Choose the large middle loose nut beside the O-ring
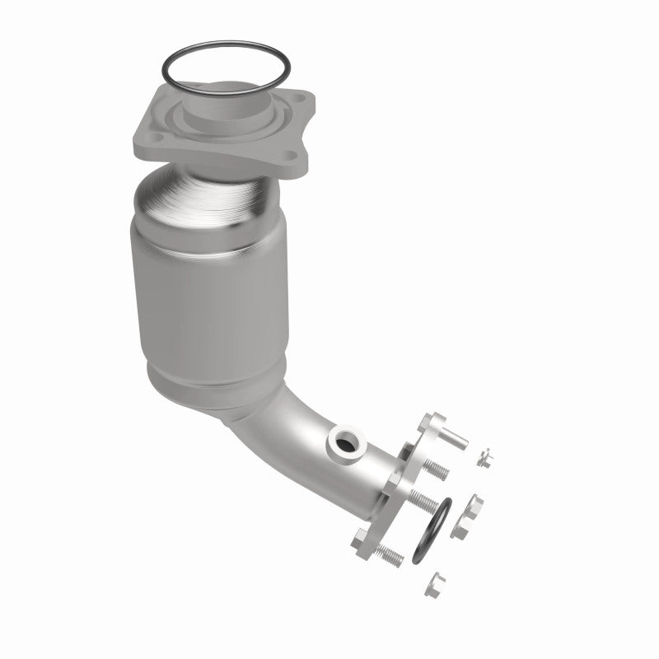pos(475,506)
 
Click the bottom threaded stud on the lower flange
pos(389,554)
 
